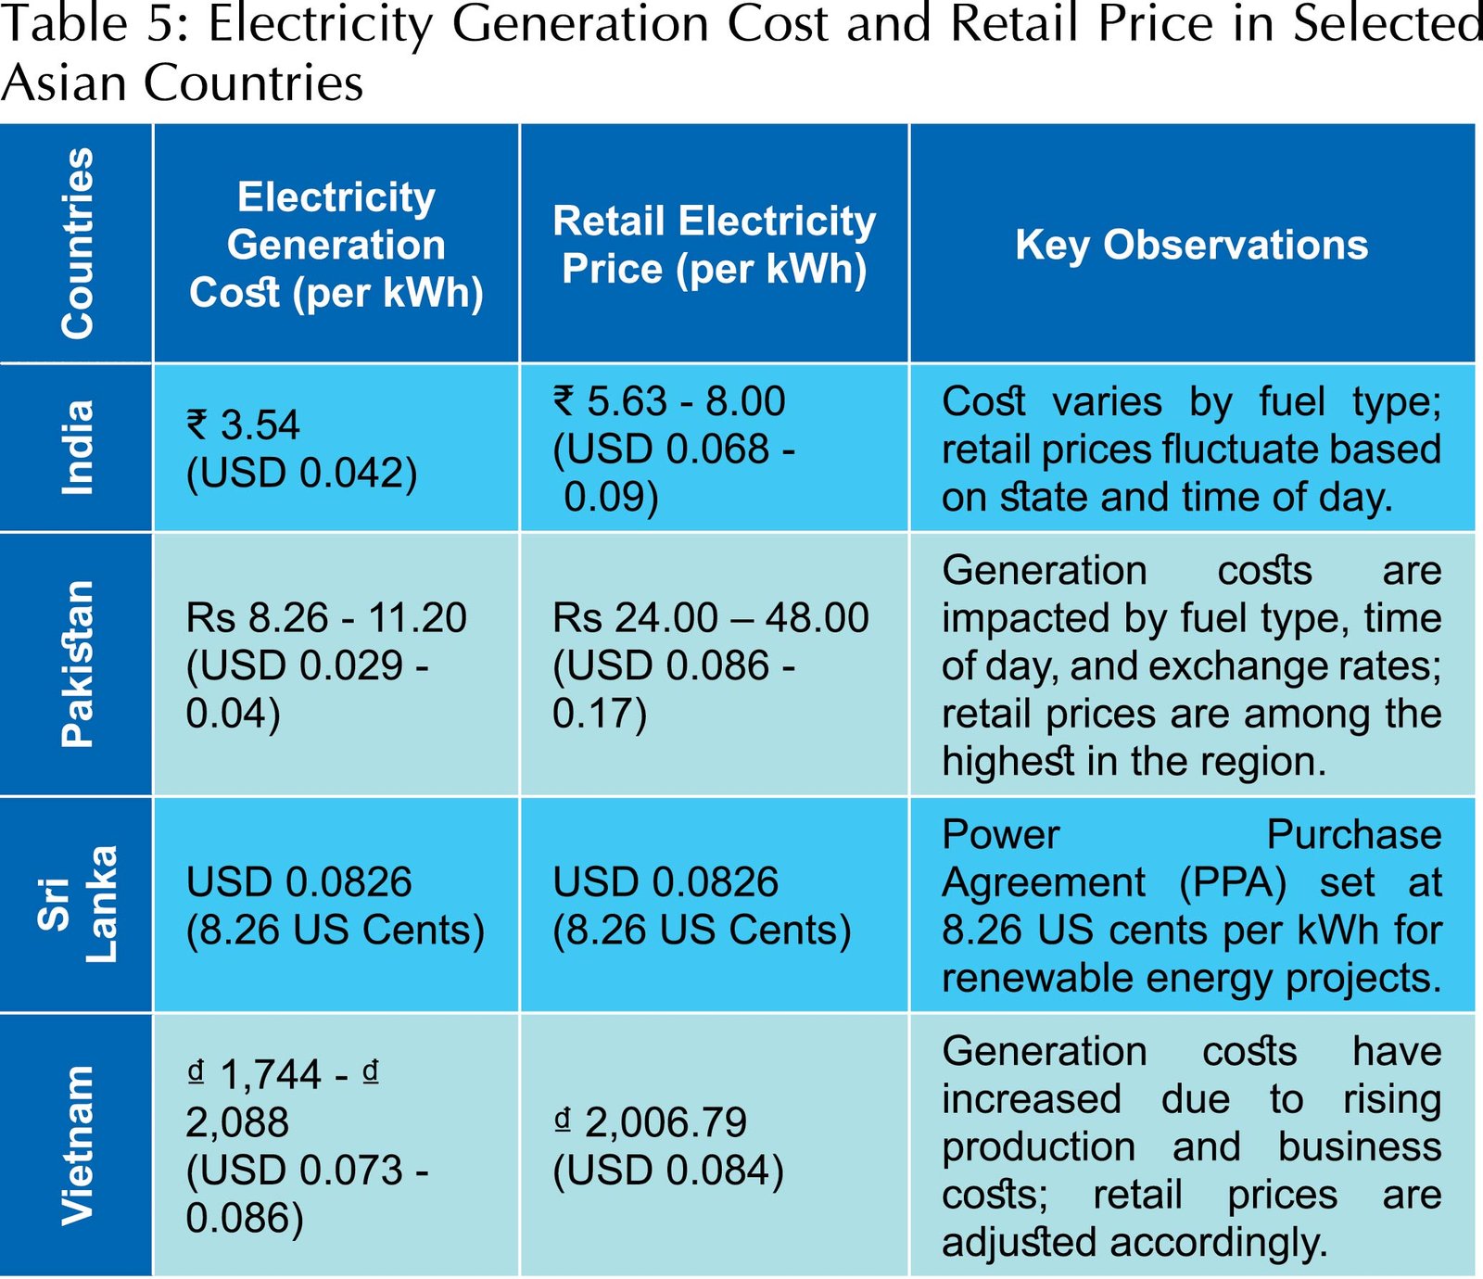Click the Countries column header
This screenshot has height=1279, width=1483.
click(x=77, y=243)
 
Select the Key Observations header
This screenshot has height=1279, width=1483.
click(x=1191, y=245)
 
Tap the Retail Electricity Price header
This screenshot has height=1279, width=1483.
click(x=714, y=245)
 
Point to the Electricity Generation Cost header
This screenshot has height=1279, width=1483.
click(x=336, y=245)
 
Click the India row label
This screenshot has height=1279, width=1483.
click(x=77, y=448)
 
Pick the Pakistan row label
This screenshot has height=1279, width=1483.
click(x=77, y=664)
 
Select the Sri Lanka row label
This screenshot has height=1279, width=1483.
click(x=77, y=904)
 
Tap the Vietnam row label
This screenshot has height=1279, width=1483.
click(x=77, y=1146)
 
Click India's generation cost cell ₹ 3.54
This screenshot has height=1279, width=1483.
click(x=244, y=425)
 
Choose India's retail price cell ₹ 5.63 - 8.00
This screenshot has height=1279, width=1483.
click(x=669, y=401)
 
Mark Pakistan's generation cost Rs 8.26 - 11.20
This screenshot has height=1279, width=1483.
click(x=326, y=618)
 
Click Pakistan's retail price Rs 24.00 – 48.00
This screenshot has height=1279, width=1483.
click(x=710, y=618)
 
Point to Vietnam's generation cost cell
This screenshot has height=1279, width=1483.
click(x=306, y=1146)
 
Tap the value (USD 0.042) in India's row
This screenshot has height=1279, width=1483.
click(x=301, y=473)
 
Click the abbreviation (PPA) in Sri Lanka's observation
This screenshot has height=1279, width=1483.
click(x=1232, y=882)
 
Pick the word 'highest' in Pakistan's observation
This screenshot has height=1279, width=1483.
click(x=1008, y=762)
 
